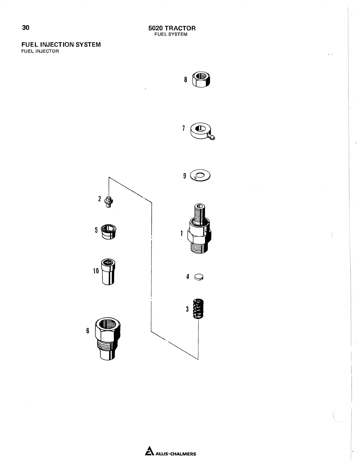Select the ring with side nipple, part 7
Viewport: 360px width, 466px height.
pyautogui.click(x=201, y=131)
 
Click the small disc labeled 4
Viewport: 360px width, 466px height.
pyautogui.click(x=199, y=277)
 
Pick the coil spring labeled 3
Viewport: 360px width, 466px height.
pyautogui.click(x=199, y=309)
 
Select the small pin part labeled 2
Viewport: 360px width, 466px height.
pyautogui.click(x=109, y=202)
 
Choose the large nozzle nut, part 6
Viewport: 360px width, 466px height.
pyautogui.click(x=108, y=338)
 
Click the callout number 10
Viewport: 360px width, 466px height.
pyautogui.click(x=96, y=271)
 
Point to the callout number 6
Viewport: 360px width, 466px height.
pyautogui.click(x=87, y=331)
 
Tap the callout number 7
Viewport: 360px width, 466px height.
pyautogui.click(x=184, y=128)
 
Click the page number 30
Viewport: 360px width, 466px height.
pyautogui.click(x=26, y=28)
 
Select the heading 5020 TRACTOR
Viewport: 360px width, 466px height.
pyautogui.click(x=172, y=28)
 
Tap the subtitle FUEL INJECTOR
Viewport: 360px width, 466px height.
pyautogui.click(x=40, y=51)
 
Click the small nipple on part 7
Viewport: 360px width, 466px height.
pyautogui.click(x=213, y=137)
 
